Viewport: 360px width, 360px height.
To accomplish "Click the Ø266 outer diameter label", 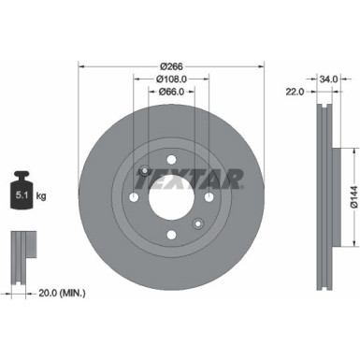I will click(170, 65).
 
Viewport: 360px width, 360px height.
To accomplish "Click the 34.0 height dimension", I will click(327, 79).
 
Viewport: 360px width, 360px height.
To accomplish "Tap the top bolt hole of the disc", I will click(170, 160).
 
